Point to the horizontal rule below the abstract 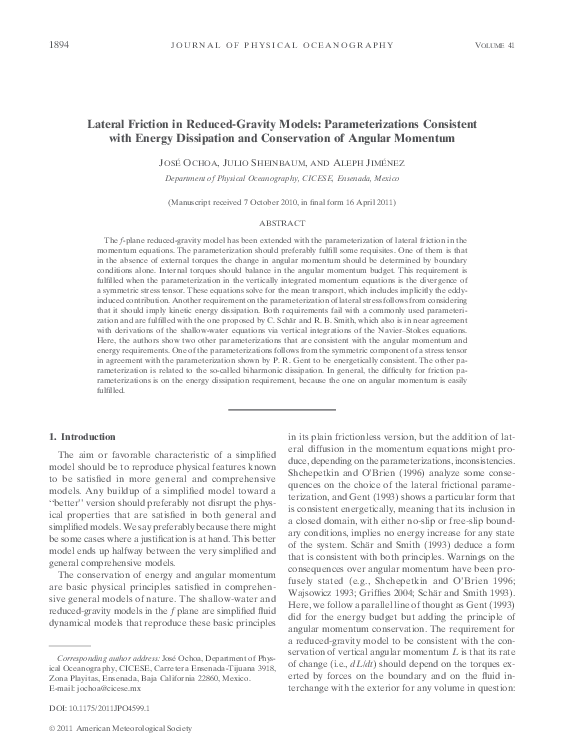(x=283, y=410)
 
